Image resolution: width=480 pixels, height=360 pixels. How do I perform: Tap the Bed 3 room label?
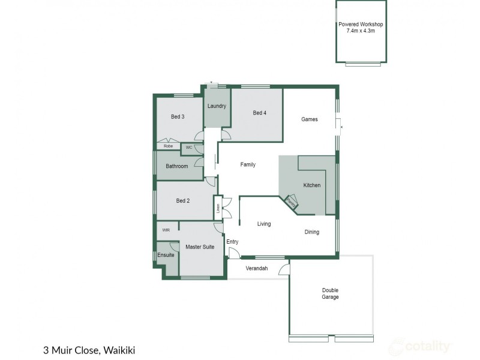click(177, 116)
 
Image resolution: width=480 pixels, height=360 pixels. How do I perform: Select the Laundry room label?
click(217, 106)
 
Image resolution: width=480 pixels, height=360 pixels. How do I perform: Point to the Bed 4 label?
click(259, 113)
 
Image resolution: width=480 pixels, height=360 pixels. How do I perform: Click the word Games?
click(309, 119)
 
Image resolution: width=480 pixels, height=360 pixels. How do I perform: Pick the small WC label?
click(188, 147)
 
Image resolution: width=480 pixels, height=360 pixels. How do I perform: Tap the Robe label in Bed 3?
click(168, 146)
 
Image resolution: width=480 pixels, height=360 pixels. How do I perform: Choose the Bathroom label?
click(177, 166)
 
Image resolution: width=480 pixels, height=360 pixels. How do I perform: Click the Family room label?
click(248, 164)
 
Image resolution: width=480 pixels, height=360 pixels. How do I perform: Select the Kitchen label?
click(312, 185)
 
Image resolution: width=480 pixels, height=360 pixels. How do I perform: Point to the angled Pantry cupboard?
click(291, 202)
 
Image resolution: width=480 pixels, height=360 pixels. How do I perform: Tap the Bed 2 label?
click(183, 201)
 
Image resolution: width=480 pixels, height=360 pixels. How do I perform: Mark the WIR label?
click(166, 229)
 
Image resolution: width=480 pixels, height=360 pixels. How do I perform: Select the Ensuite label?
click(166, 255)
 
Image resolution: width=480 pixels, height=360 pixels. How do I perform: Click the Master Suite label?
click(200, 247)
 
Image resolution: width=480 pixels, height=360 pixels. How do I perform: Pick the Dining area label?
click(312, 232)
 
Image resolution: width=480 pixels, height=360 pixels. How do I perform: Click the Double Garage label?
click(330, 293)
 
